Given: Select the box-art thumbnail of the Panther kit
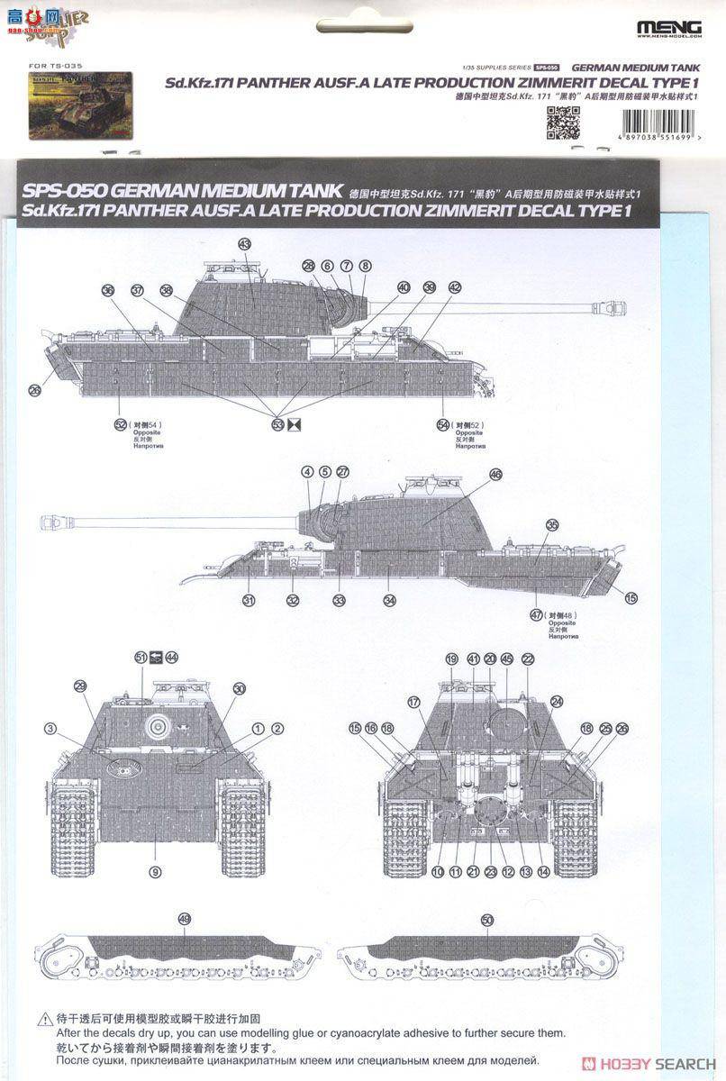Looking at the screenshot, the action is (x=80, y=106).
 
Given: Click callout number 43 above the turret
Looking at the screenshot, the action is (x=245, y=244).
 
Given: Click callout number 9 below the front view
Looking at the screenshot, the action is (x=156, y=871).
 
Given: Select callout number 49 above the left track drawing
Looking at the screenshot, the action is (x=185, y=919).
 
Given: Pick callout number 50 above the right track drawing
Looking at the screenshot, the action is (x=487, y=919).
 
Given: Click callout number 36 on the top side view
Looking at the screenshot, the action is (x=108, y=290).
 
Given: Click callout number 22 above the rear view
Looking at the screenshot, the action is (x=528, y=659).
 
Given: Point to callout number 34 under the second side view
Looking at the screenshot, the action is (x=389, y=600).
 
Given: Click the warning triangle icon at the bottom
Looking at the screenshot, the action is (x=43, y=1020).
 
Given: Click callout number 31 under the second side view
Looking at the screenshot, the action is (x=249, y=600).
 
